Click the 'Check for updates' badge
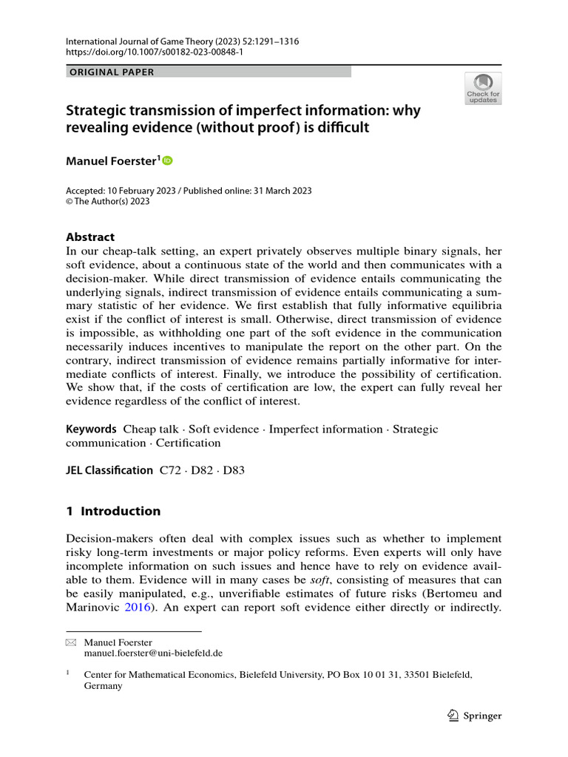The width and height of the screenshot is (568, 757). tap(482, 88)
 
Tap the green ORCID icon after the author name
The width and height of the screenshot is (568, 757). tap(167, 160)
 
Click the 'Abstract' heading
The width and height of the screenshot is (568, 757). tap(90, 237)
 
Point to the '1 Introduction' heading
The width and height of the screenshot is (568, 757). tap(113, 511)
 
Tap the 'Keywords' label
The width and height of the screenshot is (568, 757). tap(91, 429)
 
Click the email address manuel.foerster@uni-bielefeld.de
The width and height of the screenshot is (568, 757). tap(153, 654)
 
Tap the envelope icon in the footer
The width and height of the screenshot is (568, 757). tap(71, 643)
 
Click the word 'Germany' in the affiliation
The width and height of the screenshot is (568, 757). tap(103, 685)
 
